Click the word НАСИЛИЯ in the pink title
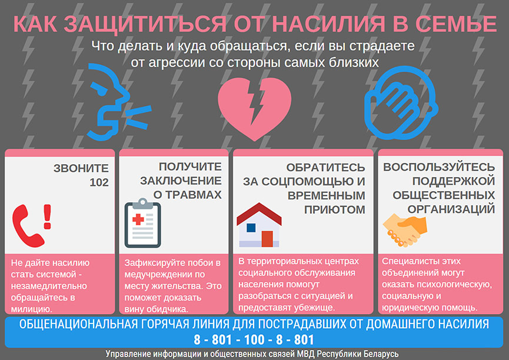click(328, 24)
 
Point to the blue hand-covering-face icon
click(401, 103)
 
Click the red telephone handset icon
click(27, 226)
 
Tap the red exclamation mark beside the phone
click(48, 217)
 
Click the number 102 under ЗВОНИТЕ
click(99, 182)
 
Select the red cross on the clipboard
click(138, 219)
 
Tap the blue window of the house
click(251, 228)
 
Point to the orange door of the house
click(267, 239)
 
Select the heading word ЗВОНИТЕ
click(81, 168)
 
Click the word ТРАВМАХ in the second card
click(193, 195)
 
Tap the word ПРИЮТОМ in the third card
click(335, 209)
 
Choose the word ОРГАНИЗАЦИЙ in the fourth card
click(451, 209)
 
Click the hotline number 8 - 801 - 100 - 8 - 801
click(254, 339)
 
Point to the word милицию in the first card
click(32, 309)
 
